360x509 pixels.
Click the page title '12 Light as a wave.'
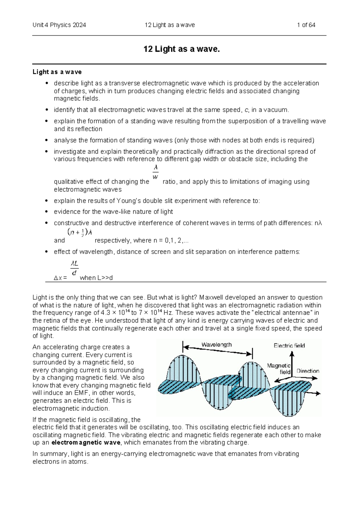pyautogui.click(x=181, y=49)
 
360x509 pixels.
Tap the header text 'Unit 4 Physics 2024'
pyautogui.click(x=59, y=25)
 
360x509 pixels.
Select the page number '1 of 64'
pyautogui.click(x=306, y=25)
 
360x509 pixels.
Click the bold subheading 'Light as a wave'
pyautogui.click(x=57, y=72)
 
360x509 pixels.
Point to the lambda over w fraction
pyautogui.click(x=155, y=172)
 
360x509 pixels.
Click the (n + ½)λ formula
pyautogui.click(x=80, y=232)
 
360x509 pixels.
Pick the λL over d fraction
pyautogui.click(x=74, y=268)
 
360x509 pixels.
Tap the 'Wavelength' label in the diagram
pyautogui.click(x=216, y=345)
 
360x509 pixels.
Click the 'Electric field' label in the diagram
pyautogui.click(x=289, y=346)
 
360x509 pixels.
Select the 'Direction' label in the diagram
pyautogui.click(x=308, y=371)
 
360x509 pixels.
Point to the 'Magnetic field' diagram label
pyautogui.click(x=279, y=369)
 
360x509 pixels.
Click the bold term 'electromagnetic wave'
pyautogui.click(x=86, y=443)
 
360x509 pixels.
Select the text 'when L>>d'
pyautogui.click(x=96, y=278)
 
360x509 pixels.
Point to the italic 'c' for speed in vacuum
pyautogui.click(x=246, y=110)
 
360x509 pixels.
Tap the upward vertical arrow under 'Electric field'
pyautogui.click(x=292, y=365)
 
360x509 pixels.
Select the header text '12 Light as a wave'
pyautogui.click(x=169, y=25)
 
